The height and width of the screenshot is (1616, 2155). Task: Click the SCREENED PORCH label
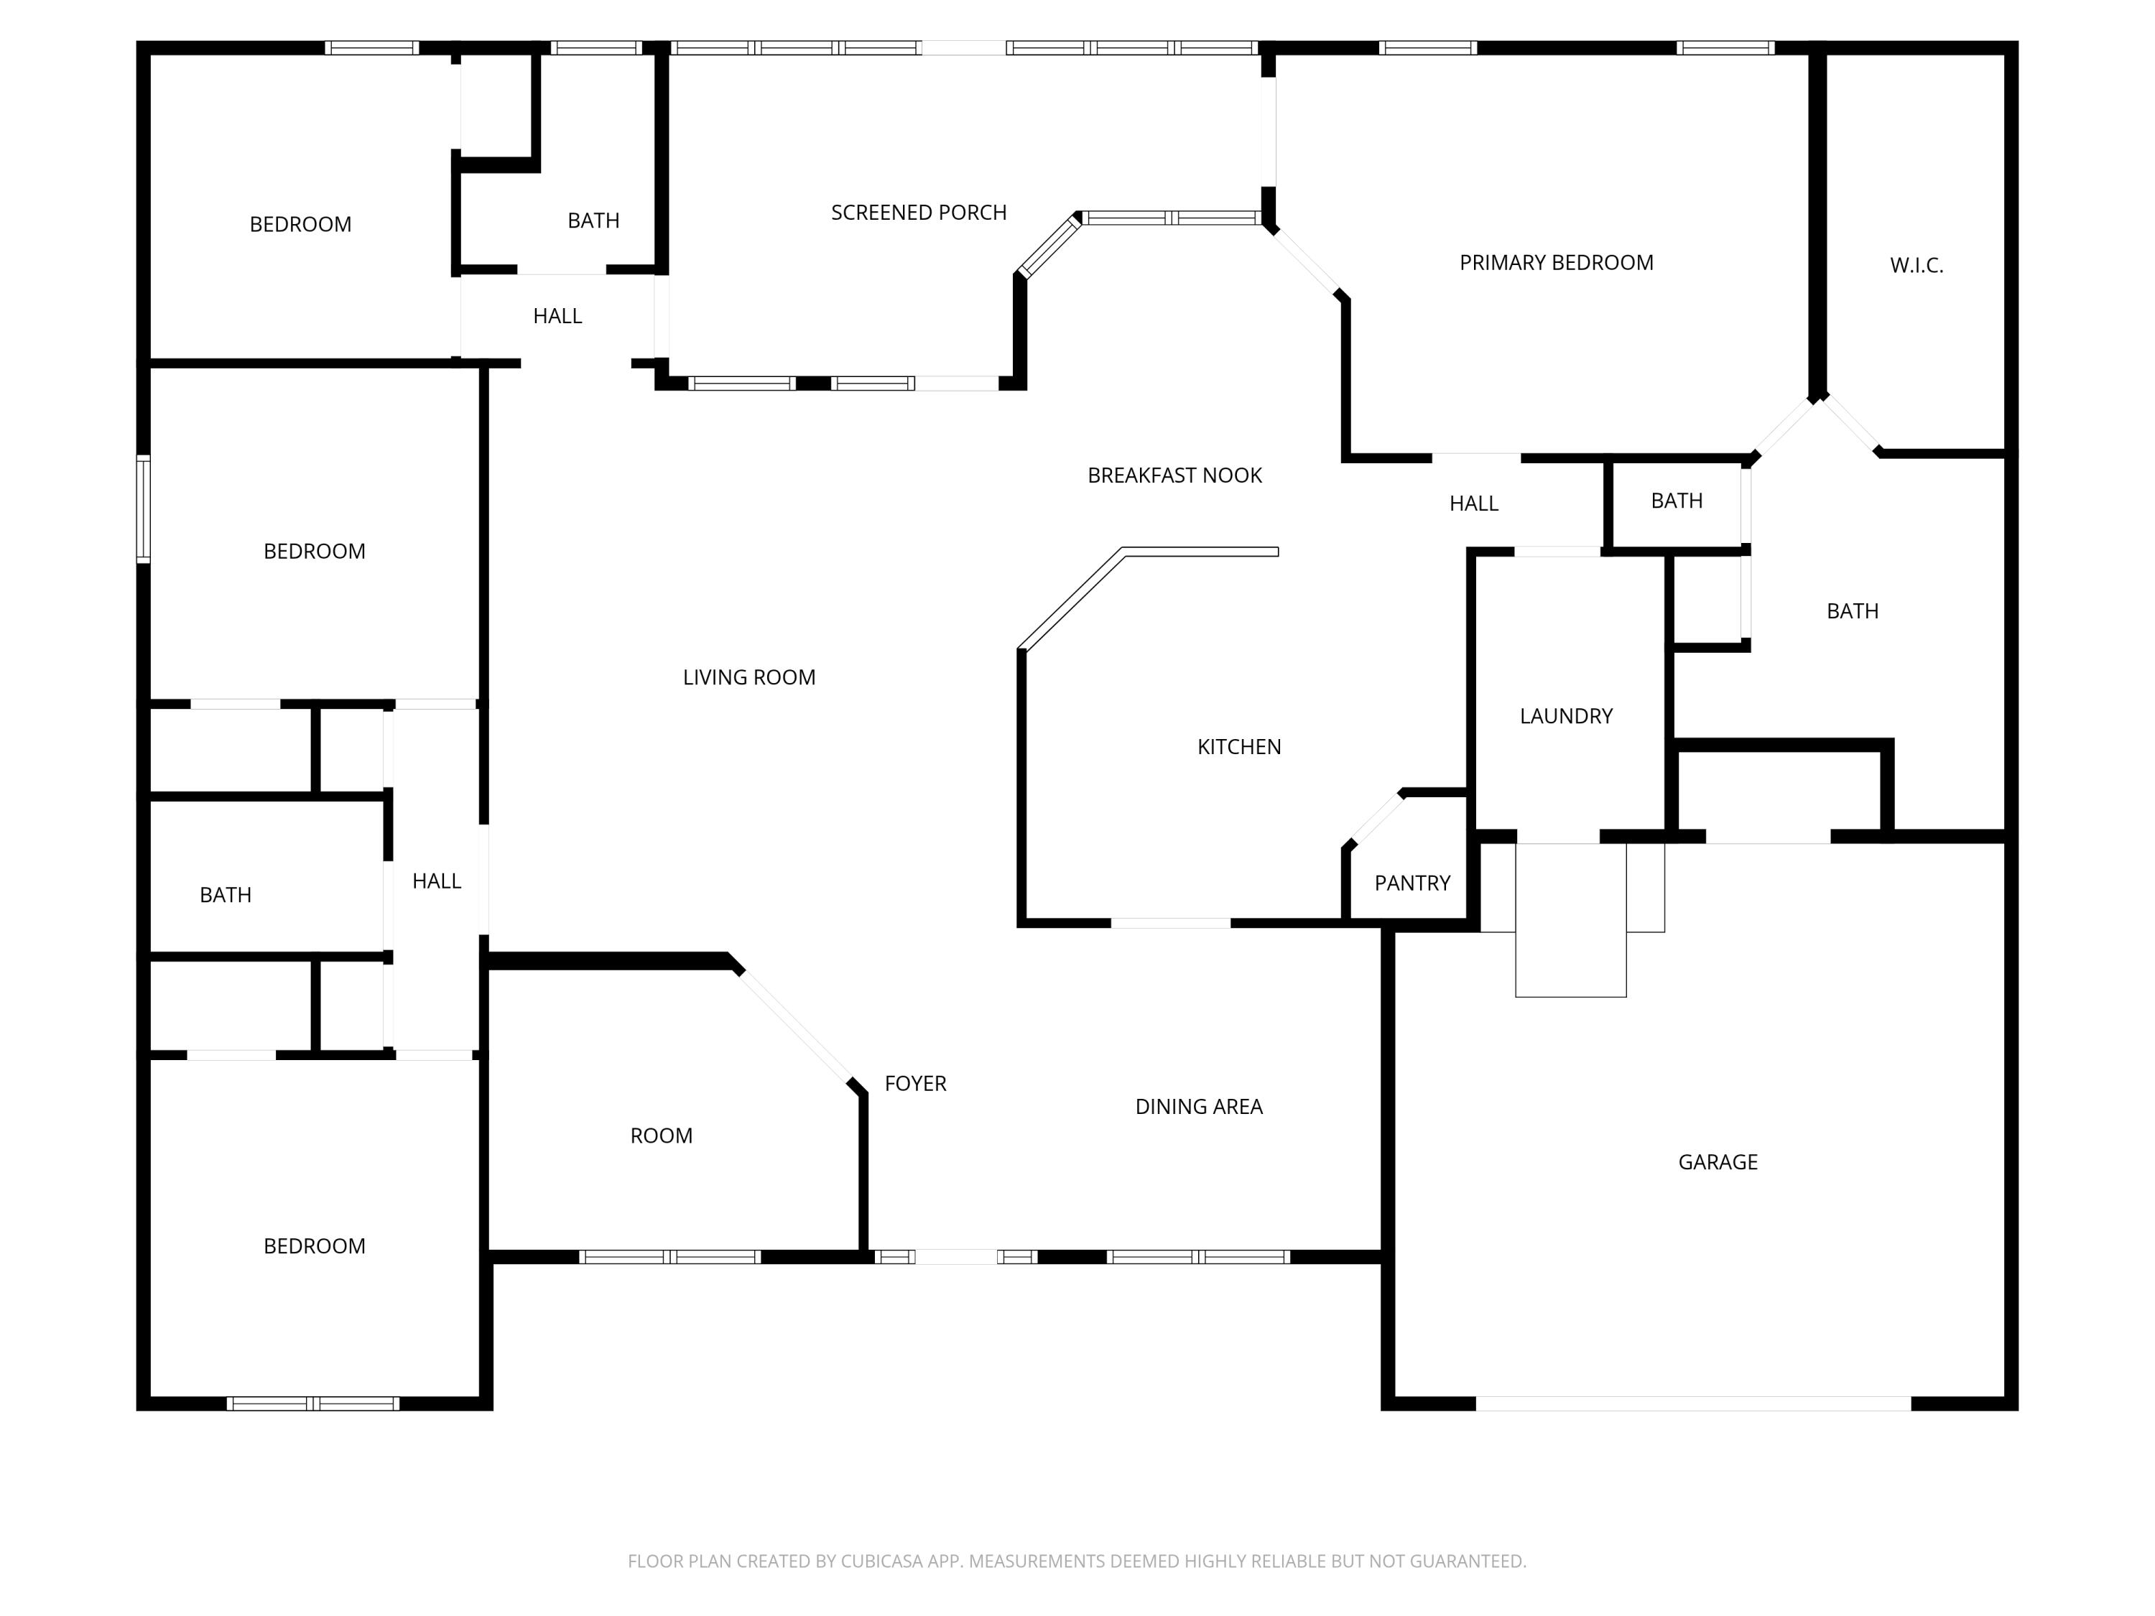[x=918, y=213]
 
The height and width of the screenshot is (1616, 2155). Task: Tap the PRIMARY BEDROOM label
[x=1556, y=262]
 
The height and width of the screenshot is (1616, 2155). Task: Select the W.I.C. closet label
[x=1917, y=265]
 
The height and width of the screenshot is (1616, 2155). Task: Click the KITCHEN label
[x=1238, y=746]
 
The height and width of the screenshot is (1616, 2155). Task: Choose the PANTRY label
[x=1412, y=883]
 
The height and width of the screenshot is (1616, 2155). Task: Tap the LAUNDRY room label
[x=1565, y=716]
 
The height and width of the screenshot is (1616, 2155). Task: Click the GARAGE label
[x=1718, y=1161]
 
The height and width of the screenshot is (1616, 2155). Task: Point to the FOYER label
[x=915, y=1083]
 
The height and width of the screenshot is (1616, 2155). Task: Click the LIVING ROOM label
[x=749, y=677]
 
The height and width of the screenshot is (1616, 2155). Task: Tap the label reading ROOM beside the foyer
[x=661, y=1135]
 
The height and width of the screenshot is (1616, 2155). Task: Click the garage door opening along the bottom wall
[x=1692, y=1403]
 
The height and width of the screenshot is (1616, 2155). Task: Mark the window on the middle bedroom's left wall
[x=143, y=509]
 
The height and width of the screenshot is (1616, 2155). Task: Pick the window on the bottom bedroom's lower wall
[x=312, y=1403]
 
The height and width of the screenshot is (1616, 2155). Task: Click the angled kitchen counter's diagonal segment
[x=1071, y=599]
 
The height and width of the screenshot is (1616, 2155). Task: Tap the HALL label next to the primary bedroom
[x=1473, y=503]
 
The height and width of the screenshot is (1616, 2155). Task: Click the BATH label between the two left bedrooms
[x=225, y=894]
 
